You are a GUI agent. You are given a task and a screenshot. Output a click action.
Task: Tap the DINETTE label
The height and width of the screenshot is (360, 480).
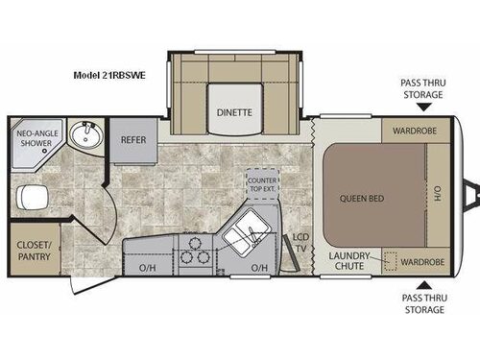pyautogui.click(x=233, y=111)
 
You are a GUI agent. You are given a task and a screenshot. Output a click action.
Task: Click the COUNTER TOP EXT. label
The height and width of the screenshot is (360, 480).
pyautogui.click(x=261, y=184)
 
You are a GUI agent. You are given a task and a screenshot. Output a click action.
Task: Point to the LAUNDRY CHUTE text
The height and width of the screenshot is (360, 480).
pyautogui.click(x=348, y=260)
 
